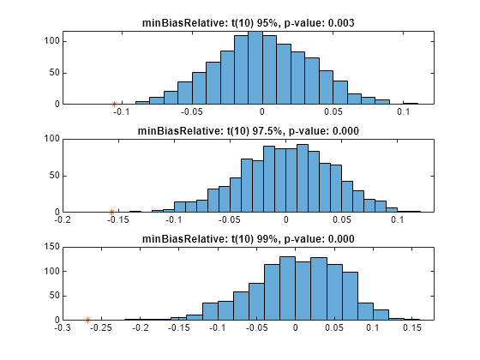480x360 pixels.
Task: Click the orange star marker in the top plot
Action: (x=114, y=105)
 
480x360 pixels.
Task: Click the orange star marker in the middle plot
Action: (x=111, y=212)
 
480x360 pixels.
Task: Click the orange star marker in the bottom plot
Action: (x=87, y=321)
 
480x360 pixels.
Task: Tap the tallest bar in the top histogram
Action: (x=255, y=68)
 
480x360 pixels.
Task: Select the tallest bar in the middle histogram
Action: (x=303, y=178)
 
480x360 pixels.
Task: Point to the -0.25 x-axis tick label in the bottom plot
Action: (x=101, y=327)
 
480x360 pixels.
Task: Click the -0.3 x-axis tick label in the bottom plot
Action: (x=63, y=327)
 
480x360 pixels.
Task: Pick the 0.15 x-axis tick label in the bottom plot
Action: (x=412, y=327)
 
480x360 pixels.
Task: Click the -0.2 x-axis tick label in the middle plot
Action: (x=63, y=219)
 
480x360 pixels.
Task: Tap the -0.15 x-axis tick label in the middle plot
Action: (x=118, y=219)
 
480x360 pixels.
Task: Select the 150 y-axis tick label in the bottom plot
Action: (x=51, y=247)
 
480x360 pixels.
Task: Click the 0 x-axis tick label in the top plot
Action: (x=261, y=111)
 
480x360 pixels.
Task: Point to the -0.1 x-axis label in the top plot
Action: (x=122, y=111)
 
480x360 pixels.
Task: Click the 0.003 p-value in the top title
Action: (x=341, y=23)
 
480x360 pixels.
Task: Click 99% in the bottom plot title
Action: (x=267, y=239)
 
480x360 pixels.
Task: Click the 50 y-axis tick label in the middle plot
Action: (x=55, y=176)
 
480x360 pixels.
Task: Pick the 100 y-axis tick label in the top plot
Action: (x=51, y=41)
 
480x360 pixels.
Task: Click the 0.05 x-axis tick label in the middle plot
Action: (x=342, y=219)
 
